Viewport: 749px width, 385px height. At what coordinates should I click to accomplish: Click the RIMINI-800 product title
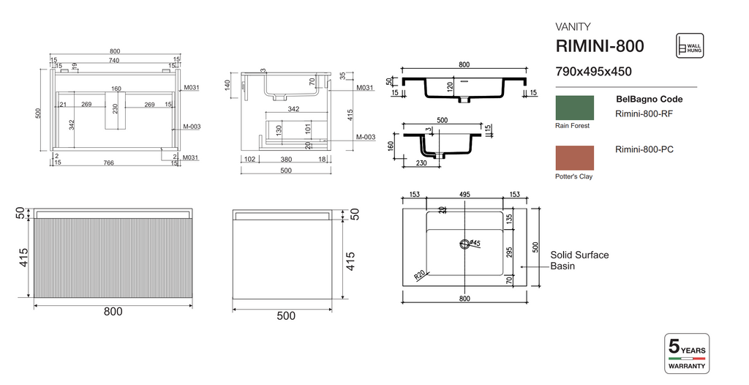(600, 46)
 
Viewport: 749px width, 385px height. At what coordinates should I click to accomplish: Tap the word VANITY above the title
(573, 26)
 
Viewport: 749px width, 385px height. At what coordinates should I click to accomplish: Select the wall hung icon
(690, 45)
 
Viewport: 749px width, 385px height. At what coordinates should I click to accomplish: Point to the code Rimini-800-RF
(644, 113)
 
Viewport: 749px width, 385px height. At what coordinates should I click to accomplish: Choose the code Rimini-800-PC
(644, 150)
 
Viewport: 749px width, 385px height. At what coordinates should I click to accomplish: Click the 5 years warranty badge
(686, 353)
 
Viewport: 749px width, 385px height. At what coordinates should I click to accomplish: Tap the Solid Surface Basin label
(579, 260)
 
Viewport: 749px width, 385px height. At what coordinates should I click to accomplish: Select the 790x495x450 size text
(593, 72)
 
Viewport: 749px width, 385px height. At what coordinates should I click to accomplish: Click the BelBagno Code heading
(650, 99)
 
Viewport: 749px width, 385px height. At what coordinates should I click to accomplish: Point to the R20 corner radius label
(420, 274)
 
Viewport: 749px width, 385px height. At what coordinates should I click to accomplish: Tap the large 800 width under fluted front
(113, 311)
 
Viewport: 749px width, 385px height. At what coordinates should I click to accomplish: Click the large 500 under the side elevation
(286, 315)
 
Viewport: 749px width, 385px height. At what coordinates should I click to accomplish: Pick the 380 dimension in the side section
(286, 159)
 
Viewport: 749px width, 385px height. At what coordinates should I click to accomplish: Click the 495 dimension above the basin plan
(464, 195)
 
